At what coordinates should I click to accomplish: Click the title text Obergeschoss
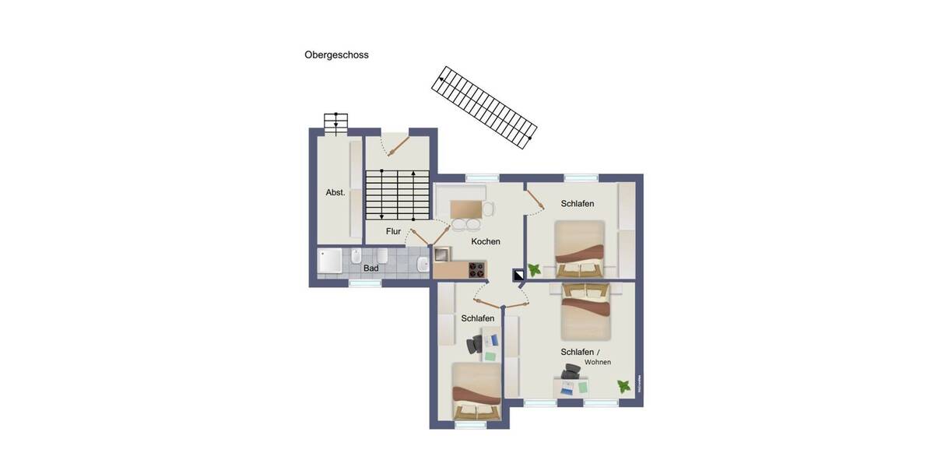pos(336,55)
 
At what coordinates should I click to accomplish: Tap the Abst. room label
pos(335,192)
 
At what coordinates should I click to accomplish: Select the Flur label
pos(393,231)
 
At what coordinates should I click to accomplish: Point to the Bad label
pos(371,269)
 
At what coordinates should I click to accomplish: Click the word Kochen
pos(486,242)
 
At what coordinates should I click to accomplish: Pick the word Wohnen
pos(598,362)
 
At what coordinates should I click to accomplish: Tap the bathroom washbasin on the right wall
pos(422,264)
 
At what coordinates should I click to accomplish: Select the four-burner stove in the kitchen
pos(476,270)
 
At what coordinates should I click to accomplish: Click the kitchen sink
pos(442,254)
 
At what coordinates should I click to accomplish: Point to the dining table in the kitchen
pos(466,209)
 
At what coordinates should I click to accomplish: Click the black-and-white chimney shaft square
pos(518,274)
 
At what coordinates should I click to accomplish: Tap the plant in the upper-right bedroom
pos(535,269)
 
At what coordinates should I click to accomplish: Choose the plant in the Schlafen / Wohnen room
pos(623,385)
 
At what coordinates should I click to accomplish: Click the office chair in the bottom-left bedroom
pos(475,345)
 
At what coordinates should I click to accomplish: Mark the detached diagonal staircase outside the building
pos(486,107)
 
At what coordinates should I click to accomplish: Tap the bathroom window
pos(364,283)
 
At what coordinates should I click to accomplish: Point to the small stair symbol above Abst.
pos(336,123)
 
